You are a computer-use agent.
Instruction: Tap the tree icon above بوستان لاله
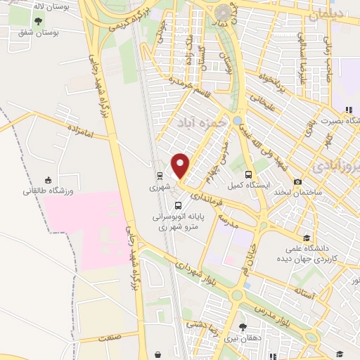[x=37, y=21]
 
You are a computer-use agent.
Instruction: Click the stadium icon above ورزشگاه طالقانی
[x=47, y=179]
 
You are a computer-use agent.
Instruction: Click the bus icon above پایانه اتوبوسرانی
[x=177, y=205]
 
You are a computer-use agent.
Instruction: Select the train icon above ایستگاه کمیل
[x=247, y=174]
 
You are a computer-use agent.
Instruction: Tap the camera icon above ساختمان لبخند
[x=298, y=181]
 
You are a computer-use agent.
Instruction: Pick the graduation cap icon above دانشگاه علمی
[x=306, y=238]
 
